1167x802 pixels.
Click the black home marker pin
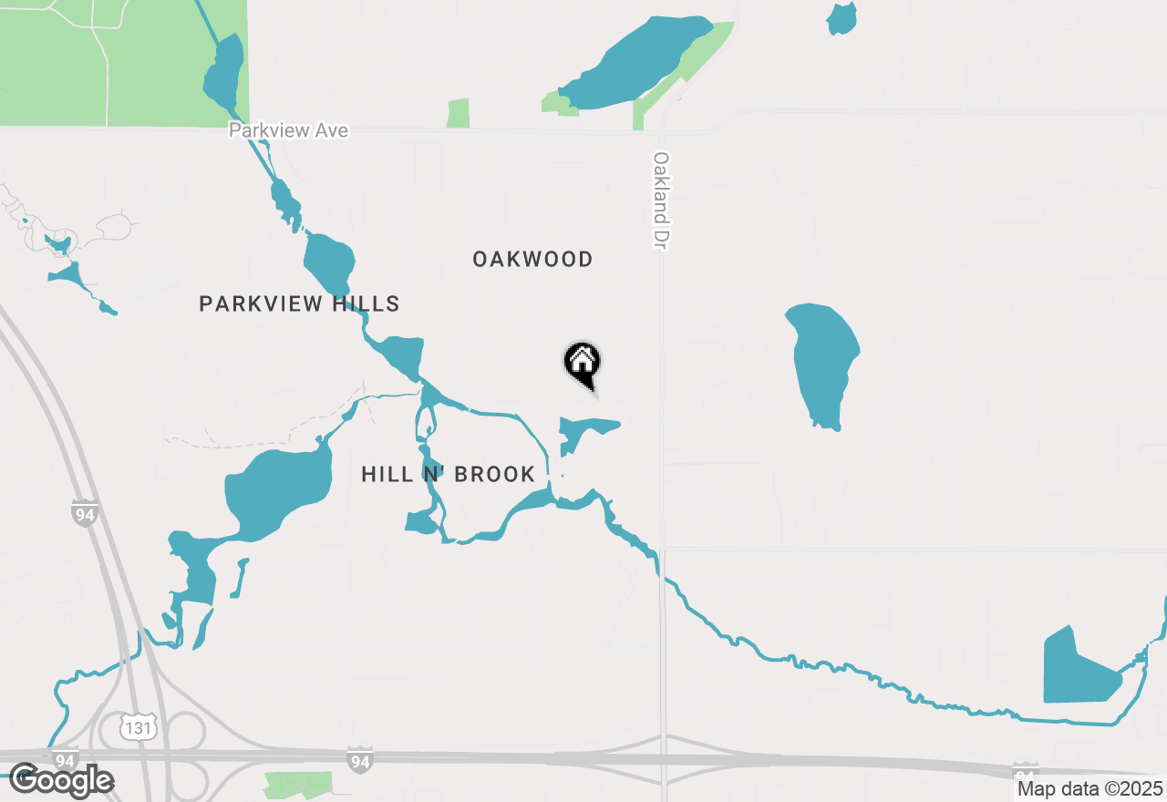tap(582, 364)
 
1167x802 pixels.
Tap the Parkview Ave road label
tap(288, 130)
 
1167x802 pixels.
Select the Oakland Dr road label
tap(661, 200)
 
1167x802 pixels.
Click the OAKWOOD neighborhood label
tap(532, 260)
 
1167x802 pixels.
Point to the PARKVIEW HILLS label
tap(299, 303)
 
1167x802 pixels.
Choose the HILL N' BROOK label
tap(448, 474)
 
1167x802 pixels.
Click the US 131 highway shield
tap(139, 726)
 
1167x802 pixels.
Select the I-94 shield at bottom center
tap(360, 758)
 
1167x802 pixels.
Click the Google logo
tap(61, 780)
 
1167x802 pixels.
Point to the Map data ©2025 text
tap(1090, 788)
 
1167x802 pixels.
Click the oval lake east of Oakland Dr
tap(823, 362)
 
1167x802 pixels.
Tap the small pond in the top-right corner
tap(842, 18)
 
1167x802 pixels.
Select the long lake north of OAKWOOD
tap(634, 62)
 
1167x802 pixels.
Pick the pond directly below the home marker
tap(583, 430)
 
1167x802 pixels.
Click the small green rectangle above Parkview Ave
tap(458, 113)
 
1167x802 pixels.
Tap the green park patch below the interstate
tap(298, 783)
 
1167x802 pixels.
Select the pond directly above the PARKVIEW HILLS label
tap(328, 262)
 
